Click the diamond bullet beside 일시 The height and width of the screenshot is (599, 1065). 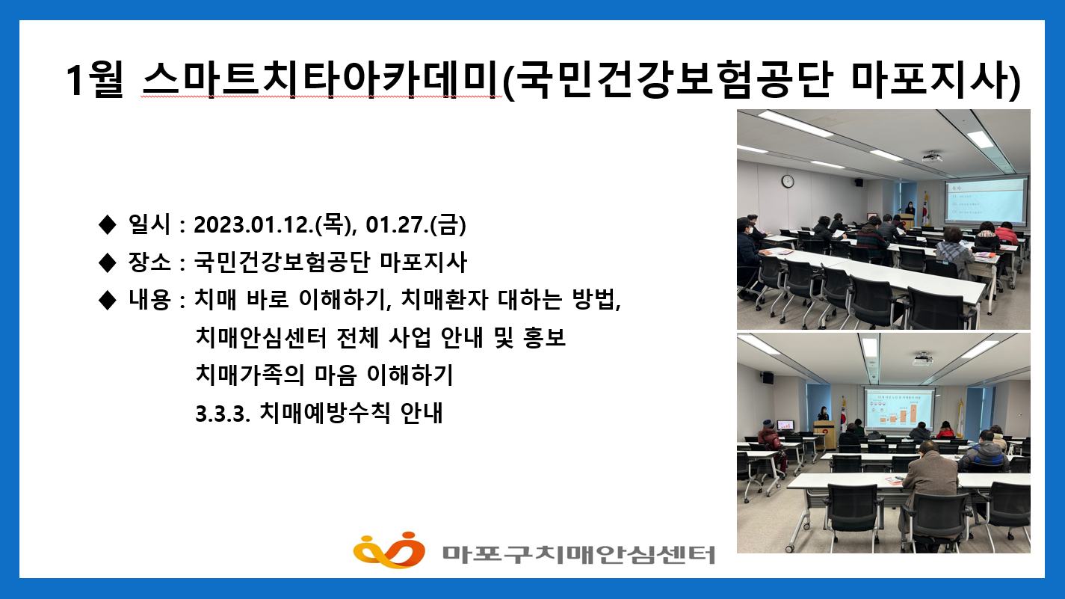point(107,223)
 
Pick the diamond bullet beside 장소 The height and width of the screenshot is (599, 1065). point(107,262)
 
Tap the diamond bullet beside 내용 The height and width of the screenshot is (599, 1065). point(107,300)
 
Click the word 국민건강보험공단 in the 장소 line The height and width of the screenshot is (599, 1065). point(284,262)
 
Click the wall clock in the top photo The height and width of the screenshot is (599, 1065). point(787,181)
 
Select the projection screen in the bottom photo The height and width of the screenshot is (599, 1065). point(898,409)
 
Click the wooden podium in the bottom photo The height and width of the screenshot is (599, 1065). point(824,434)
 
